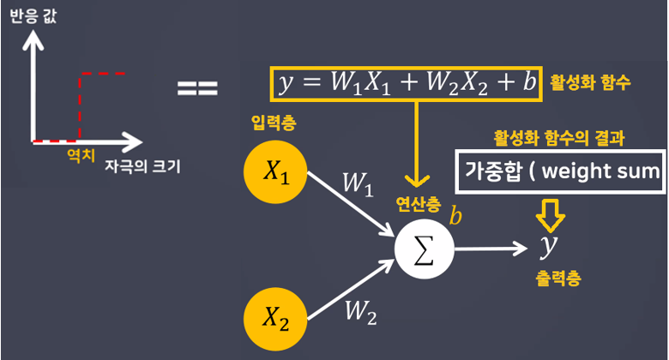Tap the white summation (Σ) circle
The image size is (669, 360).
(423, 249)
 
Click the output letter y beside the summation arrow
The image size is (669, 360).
(547, 247)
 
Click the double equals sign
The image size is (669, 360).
(198, 88)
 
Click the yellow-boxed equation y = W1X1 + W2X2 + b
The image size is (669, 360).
(407, 83)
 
